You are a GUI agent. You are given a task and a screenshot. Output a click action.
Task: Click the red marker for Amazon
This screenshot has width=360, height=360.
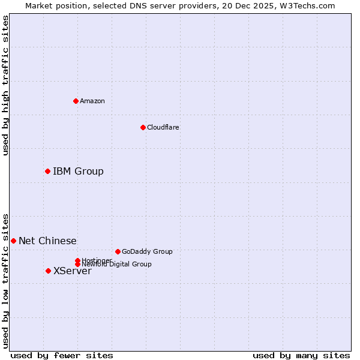click(x=76, y=101)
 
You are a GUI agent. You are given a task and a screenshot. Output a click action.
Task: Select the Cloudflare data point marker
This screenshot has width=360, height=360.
click(x=143, y=127)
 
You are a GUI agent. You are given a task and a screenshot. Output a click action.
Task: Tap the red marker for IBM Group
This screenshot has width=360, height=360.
click(x=47, y=172)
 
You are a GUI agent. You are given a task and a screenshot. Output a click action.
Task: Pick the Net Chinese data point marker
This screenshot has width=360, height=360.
click(x=13, y=241)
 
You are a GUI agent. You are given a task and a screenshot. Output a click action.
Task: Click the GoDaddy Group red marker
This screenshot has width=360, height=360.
click(x=118, y=251)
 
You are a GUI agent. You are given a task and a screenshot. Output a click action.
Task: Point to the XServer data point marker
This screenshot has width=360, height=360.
click(x=48, y=271)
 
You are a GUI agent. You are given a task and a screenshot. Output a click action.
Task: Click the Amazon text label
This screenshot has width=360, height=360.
click(x=92, y=101)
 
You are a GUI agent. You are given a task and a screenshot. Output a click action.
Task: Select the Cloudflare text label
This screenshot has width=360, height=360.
click(x=163, y=127)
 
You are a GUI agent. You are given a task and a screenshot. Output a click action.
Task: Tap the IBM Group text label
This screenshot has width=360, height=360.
click(x=78, y=172)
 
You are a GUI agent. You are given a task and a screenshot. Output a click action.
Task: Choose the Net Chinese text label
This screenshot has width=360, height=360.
click(x=47, y=241)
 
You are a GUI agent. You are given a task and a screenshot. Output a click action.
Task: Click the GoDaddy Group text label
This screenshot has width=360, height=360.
click(x=147, y=251)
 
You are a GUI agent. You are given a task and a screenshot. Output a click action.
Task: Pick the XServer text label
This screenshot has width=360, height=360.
click(x=73, y=271)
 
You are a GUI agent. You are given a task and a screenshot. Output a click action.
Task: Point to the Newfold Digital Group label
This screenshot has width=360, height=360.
click(x=116, y=264)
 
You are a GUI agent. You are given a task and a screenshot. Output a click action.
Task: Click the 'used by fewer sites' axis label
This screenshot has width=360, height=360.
click(x=62, y=355)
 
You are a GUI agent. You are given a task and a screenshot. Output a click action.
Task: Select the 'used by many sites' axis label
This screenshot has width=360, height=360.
click(x=301, y=355)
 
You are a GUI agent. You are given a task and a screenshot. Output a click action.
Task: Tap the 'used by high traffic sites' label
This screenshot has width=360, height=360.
click(x=5, y=85)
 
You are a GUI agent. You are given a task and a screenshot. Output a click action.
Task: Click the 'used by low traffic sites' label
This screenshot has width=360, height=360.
click(x=5, y=280)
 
